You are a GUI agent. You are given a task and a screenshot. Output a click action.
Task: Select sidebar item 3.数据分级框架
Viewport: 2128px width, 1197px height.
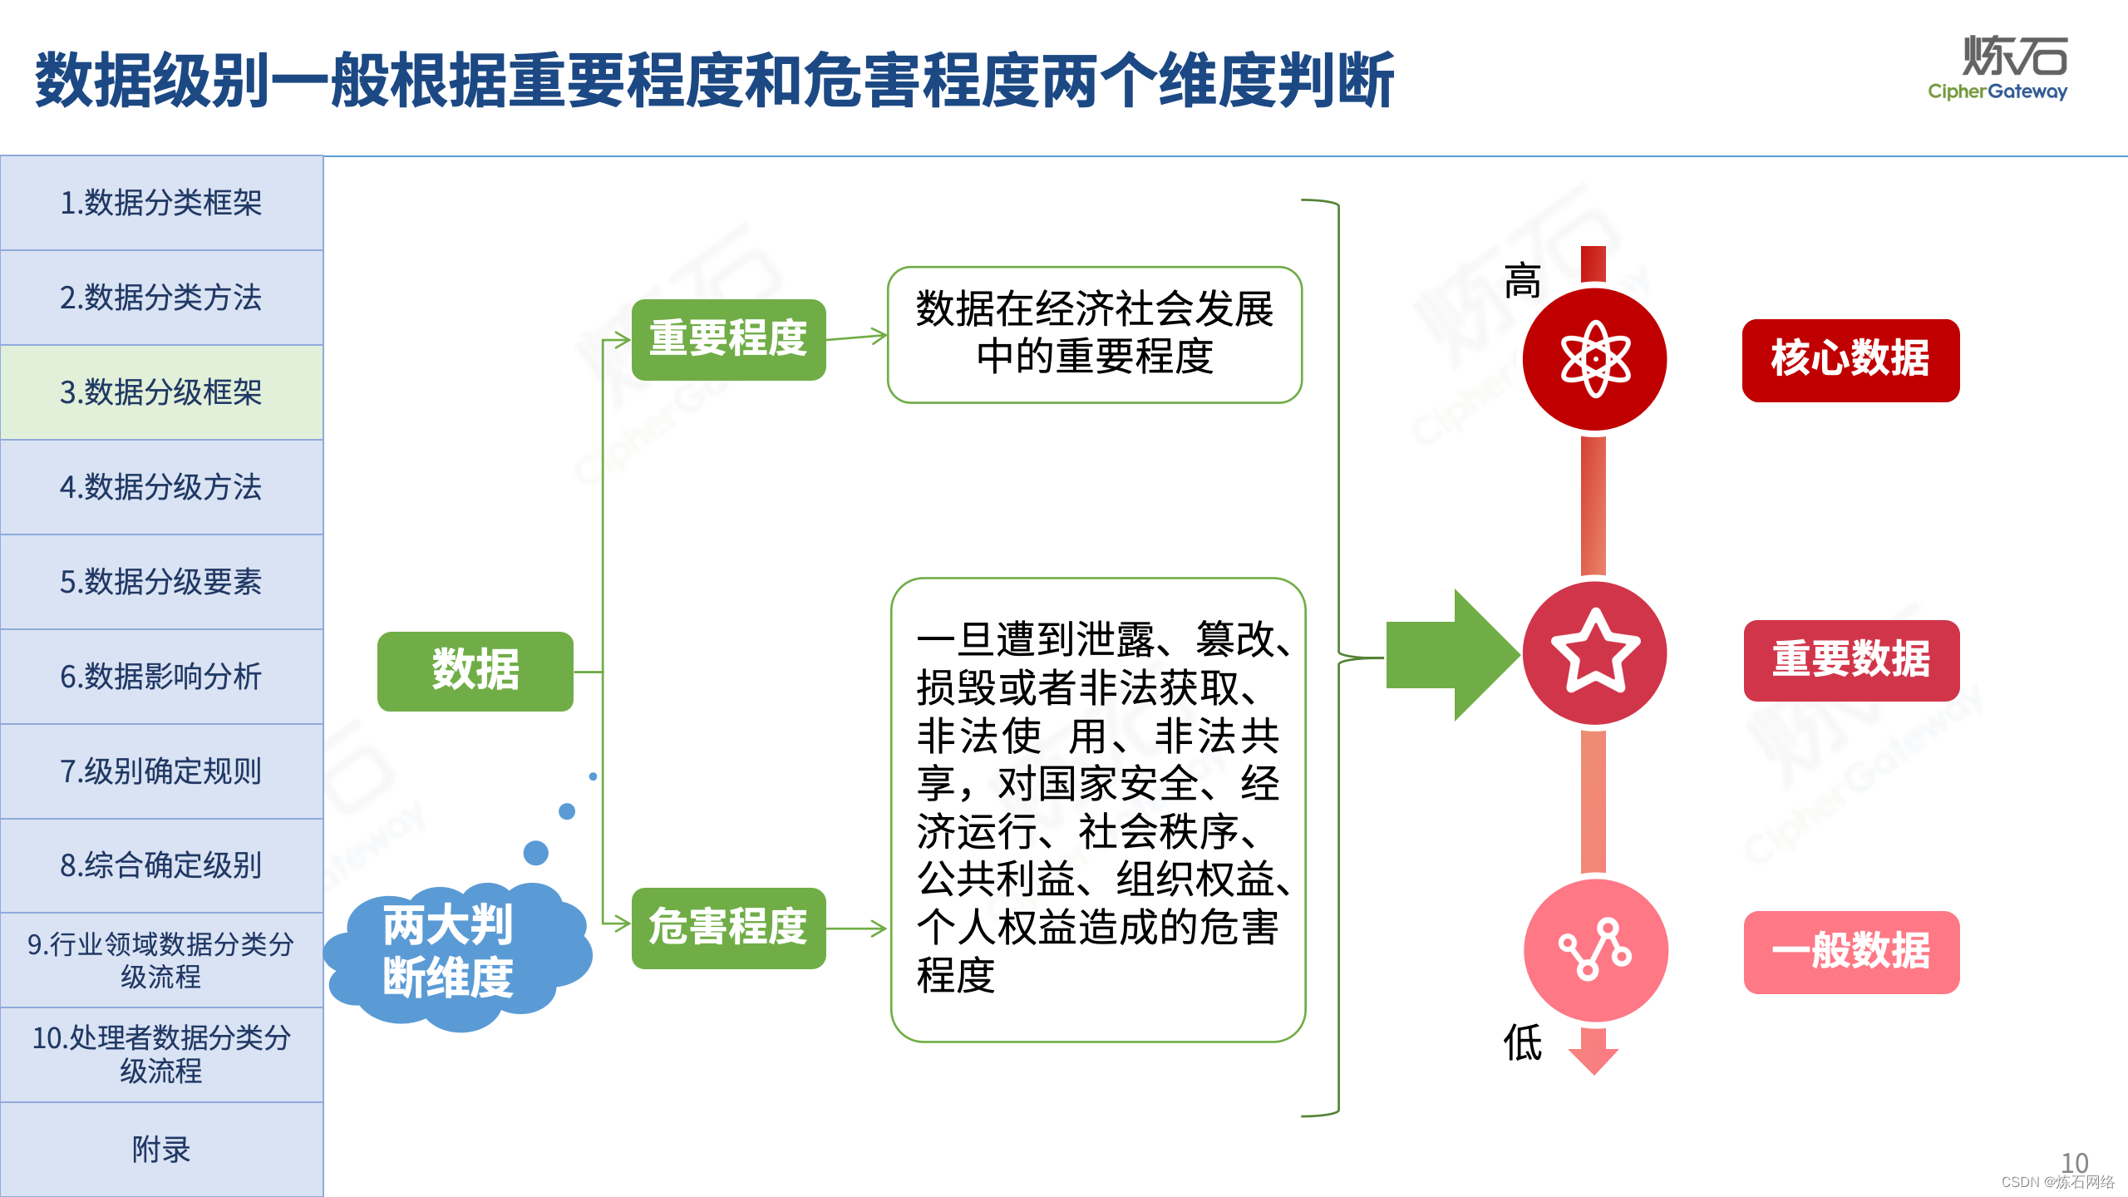click(161, 392)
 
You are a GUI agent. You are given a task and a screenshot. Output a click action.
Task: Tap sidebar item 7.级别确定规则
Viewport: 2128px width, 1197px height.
click(161, 771)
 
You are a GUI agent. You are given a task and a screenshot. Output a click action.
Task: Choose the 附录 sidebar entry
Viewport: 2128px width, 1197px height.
click(161, 1150)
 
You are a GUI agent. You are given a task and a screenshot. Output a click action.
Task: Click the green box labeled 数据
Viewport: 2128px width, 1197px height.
click(475, 671)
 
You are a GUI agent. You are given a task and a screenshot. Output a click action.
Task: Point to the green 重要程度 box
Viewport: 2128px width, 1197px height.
click(728, 339)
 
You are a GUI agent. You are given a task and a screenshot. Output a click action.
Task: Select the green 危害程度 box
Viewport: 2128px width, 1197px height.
click(728, 928)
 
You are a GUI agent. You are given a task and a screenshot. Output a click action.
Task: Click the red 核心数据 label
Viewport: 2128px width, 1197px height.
click(1850, 360)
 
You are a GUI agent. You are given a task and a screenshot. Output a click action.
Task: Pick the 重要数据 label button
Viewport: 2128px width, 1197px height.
click(1851, 660)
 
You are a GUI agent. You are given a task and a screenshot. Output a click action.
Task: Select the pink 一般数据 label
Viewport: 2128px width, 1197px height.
click(1851, 952)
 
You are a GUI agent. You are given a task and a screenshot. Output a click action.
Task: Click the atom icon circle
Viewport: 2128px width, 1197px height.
click(1594, 360)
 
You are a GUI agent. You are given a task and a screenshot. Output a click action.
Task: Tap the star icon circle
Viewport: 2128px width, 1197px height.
click(1594, 653)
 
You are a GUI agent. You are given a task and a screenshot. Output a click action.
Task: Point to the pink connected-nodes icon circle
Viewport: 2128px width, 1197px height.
click(1595, 950)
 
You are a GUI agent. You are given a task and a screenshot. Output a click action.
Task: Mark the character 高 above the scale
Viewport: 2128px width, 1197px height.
click(1522, 281)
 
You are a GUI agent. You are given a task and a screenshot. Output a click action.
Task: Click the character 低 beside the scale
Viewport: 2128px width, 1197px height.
click(1522, 1043)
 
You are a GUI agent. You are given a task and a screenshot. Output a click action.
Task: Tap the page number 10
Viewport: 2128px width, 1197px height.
click(2074, 1162)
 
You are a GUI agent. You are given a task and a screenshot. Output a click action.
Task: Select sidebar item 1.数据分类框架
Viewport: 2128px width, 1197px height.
click(161, 203)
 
